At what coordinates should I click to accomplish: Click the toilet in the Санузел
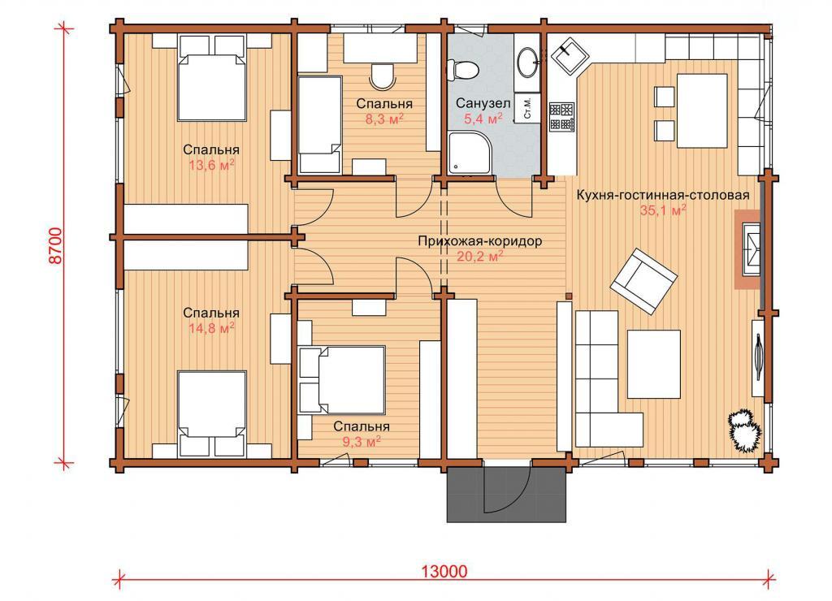(462, 70)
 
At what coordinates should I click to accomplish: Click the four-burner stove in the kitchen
(561, 117)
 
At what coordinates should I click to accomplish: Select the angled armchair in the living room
(643, 281)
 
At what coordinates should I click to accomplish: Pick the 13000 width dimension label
(444, 571)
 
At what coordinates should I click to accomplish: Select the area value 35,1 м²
(663, 210)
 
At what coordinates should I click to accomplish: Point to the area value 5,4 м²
(483, 119)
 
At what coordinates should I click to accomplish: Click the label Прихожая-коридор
(479, 241)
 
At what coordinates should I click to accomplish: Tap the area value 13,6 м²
(211, 165)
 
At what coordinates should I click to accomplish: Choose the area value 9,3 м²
(361, 441)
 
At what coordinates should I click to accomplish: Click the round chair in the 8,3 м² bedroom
(382, 76)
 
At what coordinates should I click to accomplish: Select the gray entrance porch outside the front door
(507, 495)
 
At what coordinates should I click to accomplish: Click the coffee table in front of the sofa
(654, 364)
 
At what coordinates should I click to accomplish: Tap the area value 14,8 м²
(211, 328)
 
